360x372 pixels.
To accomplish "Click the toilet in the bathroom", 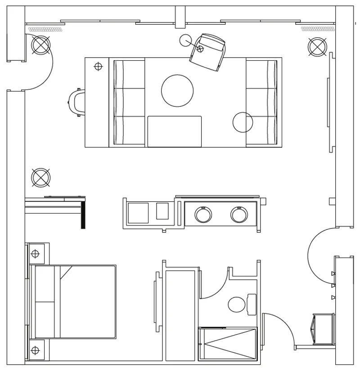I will pyautogui.click(x=237, y=304).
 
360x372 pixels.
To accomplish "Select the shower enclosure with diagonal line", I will pyautogui.click(x=228, y=344).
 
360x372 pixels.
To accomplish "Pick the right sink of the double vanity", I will pyautogui.click(x=239, y=215).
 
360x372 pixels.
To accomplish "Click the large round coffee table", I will pyautogui.click(x=177, y=91).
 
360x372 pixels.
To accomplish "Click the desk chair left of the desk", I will pyautogui.click(x=76, y=102).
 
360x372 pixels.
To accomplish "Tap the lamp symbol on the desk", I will pyautogui.click(x=98, y=67).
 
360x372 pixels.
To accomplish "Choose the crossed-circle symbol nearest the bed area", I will pyautogui.click(x=40, y=177).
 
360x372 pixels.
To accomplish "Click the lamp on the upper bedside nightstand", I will pyautogui.click(x=35, y=254).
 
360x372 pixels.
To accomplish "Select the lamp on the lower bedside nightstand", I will pyautogui.click(x=35, y=349).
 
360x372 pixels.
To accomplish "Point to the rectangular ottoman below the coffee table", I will pyautogui.click(x=175, y=131).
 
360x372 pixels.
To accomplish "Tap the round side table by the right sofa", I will pyautogui.click(x=243, y=122).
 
